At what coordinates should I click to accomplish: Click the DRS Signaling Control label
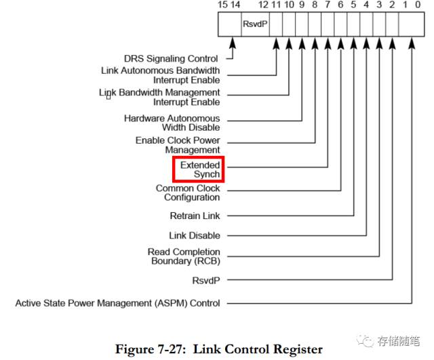click(171, 59)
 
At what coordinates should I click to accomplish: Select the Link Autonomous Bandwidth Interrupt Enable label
click(160, 75)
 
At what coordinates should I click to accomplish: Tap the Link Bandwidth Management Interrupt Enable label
click(160, 97)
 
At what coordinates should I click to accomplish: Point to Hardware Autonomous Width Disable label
click(172, 123)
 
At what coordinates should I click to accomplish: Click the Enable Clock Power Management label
click(178, 144)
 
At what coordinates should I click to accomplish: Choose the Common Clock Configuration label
click(188, 193)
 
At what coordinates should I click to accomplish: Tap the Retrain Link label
click(195, 216)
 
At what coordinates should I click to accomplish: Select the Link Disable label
click(194, 235)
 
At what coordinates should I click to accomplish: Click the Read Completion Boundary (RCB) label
click(184, 257)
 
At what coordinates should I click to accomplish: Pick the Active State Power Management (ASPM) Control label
click(117, 303)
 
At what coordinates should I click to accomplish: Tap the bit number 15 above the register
click(223, 5)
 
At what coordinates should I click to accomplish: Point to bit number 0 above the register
click(418, 5)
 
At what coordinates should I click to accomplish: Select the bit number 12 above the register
click(263, 5)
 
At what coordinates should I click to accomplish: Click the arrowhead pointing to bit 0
click(412, 42)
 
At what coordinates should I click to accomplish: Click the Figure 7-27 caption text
click(218, 349)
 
